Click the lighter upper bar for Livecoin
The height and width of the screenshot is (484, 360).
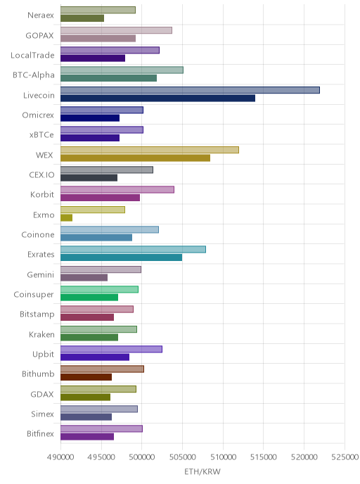pyautogui.click(x=190, y=90)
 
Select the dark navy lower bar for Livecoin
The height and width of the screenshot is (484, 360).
pyautogui.click(x=157, y=98)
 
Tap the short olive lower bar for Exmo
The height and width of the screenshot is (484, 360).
pyautogui.click(x=66, y=217)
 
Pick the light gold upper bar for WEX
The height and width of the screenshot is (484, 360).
pyautogui.click(x=150, y=150)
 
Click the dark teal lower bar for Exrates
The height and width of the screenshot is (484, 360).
pyautogui.click(x=121, y=257)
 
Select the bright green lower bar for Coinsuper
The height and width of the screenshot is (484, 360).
pyautogui.click(x=89, y=298)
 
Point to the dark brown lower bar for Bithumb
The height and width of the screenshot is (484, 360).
pyautogui.click(x=86, y=377)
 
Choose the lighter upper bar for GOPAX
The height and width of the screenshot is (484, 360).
pyautogui.click(x=116, y=30)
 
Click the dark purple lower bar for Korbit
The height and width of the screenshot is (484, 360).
pyautogui.click(x=101, y=198)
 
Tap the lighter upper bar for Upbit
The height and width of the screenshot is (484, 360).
pyautogui.click(x=111, y=349)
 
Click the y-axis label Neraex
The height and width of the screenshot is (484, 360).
pyautogui.click(x=41, y=15)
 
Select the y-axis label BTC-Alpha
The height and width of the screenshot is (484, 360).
pyautogui.click(x=34, y=75)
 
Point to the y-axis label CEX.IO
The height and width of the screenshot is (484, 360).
pyautogui.click(x=41, y=174)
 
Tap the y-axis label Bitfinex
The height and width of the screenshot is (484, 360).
pyautogui.click(x=40, y=433)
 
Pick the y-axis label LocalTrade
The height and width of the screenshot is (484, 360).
pyautogui.click(x=32, y=56)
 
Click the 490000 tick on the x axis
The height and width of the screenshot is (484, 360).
pyautogui.click(x=60, y=457)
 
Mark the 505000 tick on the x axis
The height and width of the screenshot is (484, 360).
pyautogui.click(x=182, y=457)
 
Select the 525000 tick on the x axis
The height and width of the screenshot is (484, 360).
pyautogui.click(x=345, y=457)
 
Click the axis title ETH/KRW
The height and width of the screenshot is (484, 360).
pyautogui.click(x=202, y=471)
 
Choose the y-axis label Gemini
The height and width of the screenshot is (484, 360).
pyautogui.click(x=40, y=274)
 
